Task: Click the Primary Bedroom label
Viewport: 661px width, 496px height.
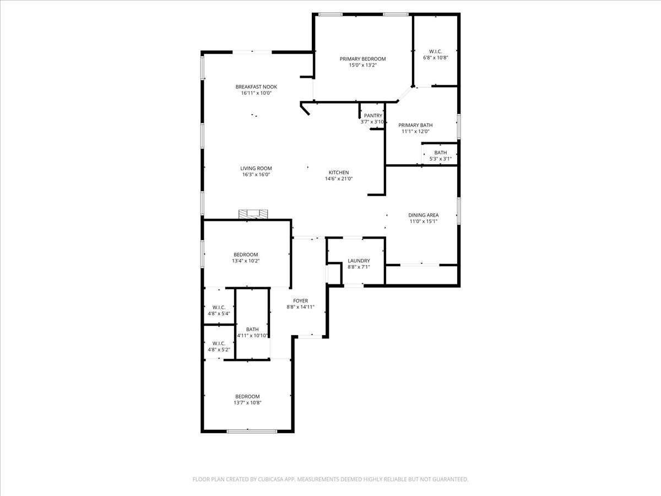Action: (362, 59)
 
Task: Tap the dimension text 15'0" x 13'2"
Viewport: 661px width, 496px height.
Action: (362, 65)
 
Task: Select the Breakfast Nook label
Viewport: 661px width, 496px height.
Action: (256, 87)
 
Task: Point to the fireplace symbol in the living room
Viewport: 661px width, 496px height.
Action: (253, 214)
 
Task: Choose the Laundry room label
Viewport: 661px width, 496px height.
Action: (359, 261)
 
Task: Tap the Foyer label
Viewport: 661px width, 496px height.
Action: (300, 301)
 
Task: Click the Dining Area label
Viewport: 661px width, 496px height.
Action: (423, 215)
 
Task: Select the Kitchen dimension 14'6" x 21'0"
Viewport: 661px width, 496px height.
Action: (339, 179)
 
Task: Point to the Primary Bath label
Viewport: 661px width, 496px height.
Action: (415, 125)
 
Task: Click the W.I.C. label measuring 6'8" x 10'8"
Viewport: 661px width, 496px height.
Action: (435, 51)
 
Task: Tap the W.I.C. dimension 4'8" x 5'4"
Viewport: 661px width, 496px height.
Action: (219, 314)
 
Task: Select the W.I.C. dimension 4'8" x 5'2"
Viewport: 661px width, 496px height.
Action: (219, 349)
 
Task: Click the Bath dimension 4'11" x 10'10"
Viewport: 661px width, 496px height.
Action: (252, 336)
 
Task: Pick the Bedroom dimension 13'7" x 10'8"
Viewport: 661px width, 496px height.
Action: (247, 403)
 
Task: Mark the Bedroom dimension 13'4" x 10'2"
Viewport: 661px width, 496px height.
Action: (245, 261)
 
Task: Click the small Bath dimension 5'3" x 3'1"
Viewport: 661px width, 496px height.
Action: (440, 159)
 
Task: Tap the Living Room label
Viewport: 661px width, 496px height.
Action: (256, 169)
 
